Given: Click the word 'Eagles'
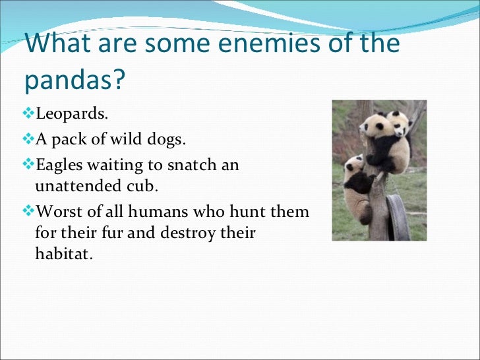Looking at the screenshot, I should [x=60, y=165].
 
